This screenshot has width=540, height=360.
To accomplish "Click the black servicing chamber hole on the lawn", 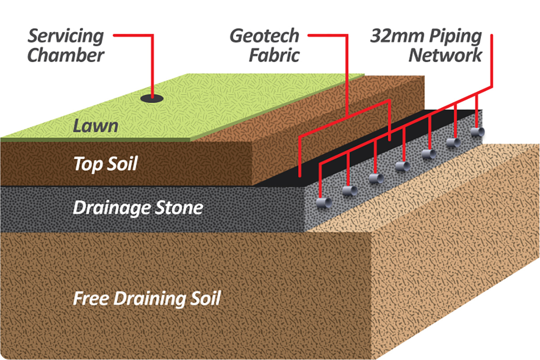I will click(152, 98).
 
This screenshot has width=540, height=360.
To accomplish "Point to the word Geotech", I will click(265, 36).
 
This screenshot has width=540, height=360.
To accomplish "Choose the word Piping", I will click(453, 36).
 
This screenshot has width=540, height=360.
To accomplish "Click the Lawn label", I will click(95, 126).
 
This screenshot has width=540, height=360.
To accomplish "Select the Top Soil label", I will click(105, 164).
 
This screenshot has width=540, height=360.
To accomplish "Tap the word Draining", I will click(147, 298).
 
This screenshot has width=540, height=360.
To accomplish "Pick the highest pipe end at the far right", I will click(477, 132).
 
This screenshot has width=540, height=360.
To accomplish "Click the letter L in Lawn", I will click(78, 126).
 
